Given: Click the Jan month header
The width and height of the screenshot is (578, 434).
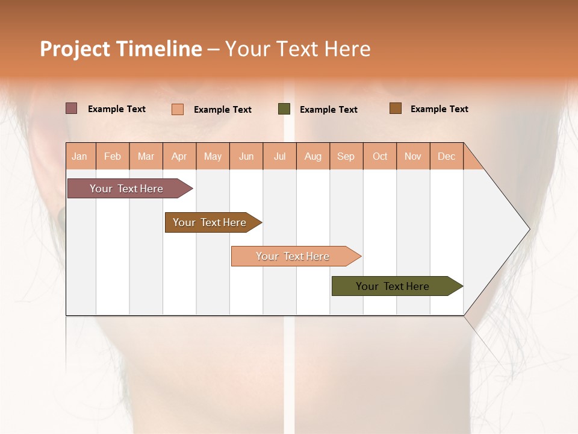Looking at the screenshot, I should point(80,156).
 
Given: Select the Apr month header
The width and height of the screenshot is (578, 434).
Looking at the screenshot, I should point(179,156).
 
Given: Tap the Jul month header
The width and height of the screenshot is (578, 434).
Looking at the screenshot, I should point(279,156).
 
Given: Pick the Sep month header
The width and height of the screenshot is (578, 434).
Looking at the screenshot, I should point(346,156).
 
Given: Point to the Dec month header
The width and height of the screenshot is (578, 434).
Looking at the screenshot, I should point(446,156).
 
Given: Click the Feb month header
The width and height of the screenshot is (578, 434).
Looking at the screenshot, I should point(113,156).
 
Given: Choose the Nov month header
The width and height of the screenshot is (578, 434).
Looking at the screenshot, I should point(413,156).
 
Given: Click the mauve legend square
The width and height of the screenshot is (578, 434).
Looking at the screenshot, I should point(72,108).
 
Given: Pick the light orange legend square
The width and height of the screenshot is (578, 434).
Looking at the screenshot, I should point(178,109).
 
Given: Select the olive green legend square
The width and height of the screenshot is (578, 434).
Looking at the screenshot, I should point(284,109).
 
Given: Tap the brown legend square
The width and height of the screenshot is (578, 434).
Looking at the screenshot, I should point(396,108).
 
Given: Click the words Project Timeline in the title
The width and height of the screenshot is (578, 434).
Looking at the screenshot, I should point(121,49).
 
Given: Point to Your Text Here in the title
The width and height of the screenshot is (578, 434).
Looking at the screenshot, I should point(298,49).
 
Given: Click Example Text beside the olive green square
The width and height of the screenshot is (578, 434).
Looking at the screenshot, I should point(328,109).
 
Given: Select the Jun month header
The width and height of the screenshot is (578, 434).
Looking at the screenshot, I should point(246,156).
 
